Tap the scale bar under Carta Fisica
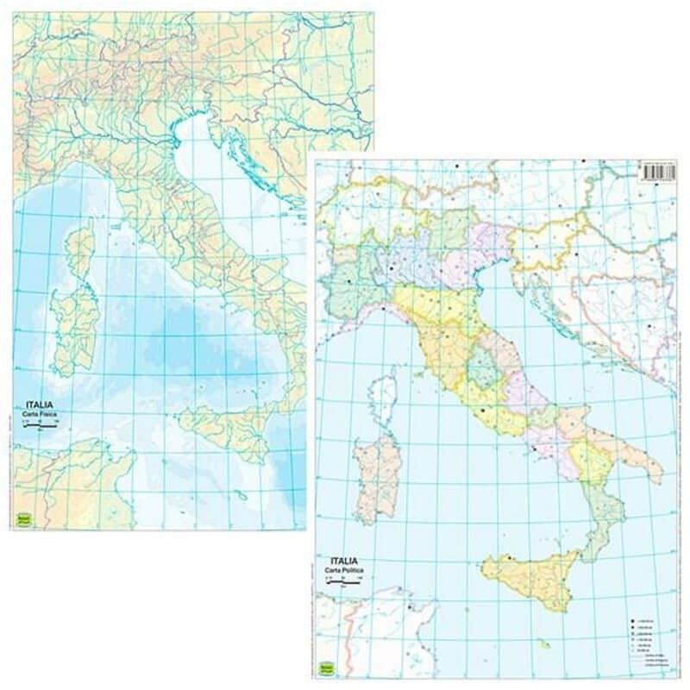coord(39,425)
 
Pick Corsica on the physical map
coord(82,246)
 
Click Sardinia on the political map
coord(377,474)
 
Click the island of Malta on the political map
coord(542,643)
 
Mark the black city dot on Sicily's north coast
coord(510,560)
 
